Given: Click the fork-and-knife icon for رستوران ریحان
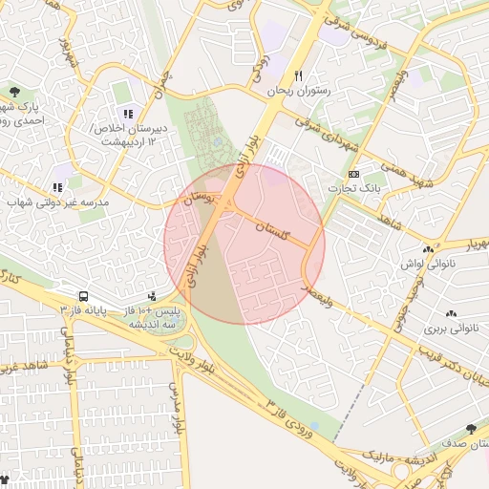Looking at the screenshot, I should pyautogui.click(x=299, y=75).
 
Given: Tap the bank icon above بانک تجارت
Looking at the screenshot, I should pyautogui.click(x=354, y=174).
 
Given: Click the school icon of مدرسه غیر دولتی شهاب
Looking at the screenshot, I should pyautogui.click(x=57, y=188).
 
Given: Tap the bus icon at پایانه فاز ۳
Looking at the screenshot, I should pyautogui.click(x=84, y=297).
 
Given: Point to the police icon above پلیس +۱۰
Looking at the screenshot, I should pyautogui.click(x=153, y=297).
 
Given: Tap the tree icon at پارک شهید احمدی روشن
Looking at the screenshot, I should pyautogui.click(x=13, y=92).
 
